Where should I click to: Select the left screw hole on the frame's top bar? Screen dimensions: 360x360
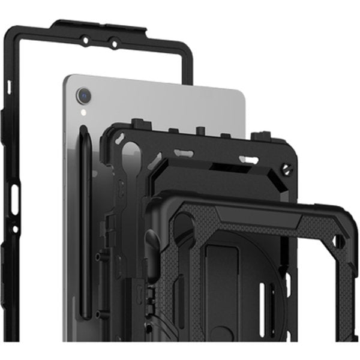[x=85, y=40]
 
